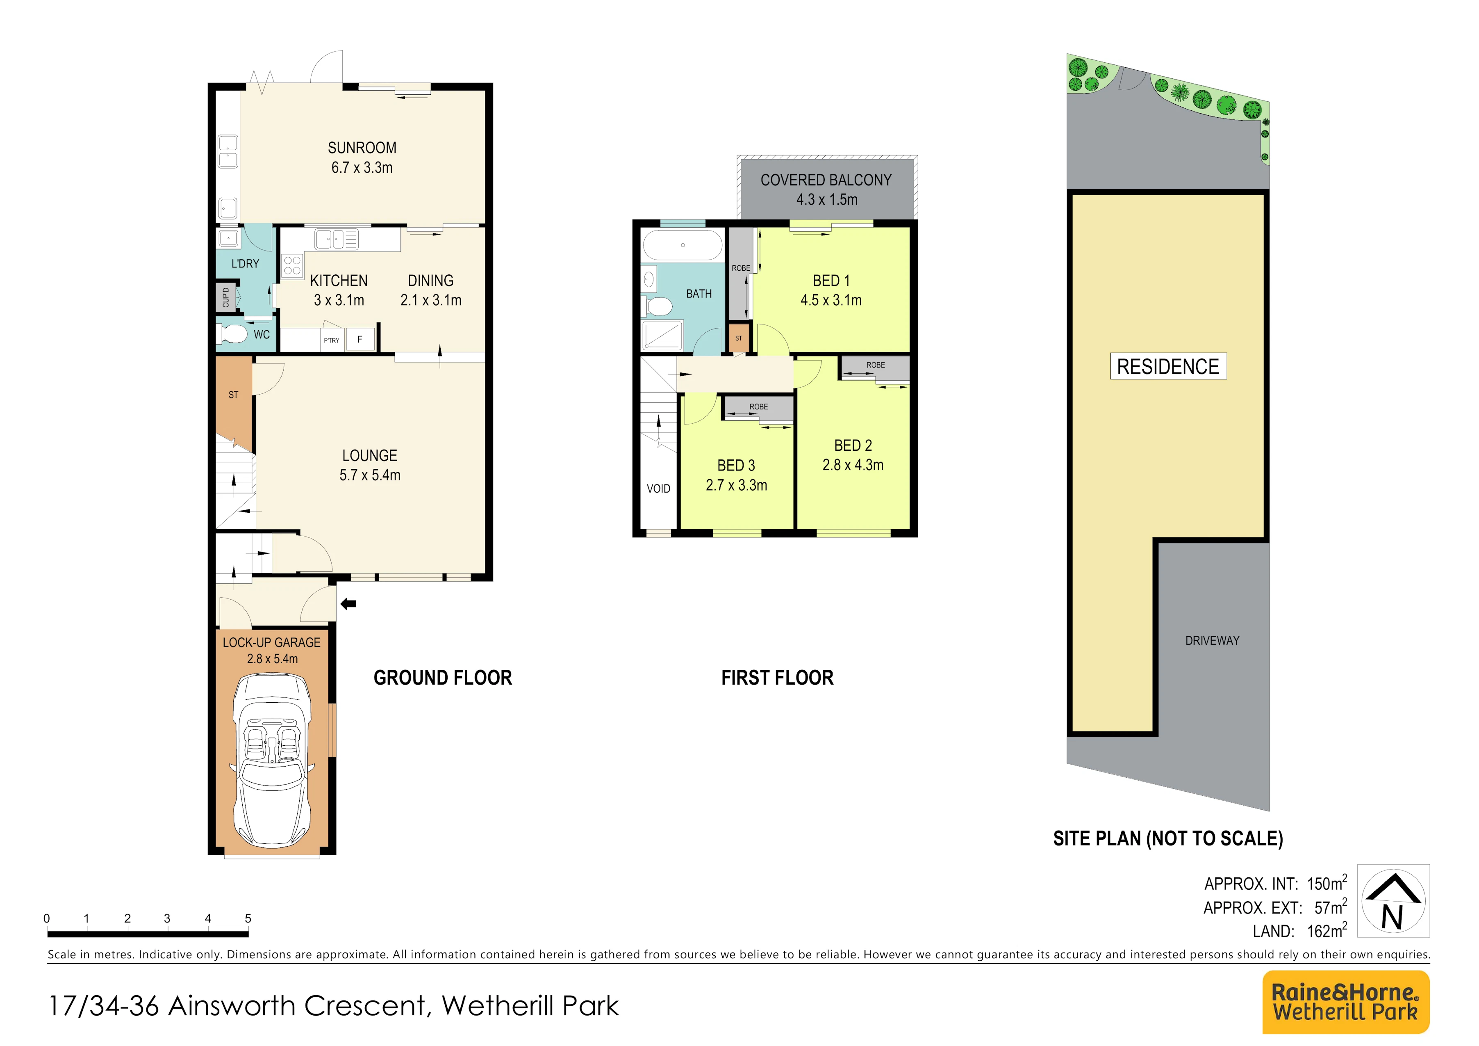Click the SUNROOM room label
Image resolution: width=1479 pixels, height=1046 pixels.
[x=362, y=148]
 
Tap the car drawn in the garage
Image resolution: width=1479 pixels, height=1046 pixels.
[x=273, y=761]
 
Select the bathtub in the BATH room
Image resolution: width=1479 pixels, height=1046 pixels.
[x=683, y=245]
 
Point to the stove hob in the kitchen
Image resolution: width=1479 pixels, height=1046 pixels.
[x=292, y=265]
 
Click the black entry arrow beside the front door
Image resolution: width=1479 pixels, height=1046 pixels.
[x=348, y=604]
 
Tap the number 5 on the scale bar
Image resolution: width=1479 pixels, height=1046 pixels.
[x=248, y=918]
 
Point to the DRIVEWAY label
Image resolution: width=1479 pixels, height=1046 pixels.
[x=1212, y=641]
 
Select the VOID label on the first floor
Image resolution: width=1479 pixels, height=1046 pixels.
[x=658, y=489]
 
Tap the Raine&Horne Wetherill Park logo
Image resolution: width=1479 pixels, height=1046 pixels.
[x=1346, y=1002]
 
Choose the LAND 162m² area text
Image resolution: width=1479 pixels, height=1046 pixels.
[x=1299, y=931]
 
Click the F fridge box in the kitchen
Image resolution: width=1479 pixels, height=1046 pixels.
[x=360, y=339]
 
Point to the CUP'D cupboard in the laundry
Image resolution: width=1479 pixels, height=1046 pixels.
[x=225, y=297]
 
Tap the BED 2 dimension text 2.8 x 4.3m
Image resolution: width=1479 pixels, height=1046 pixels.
[x=853, y=465]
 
